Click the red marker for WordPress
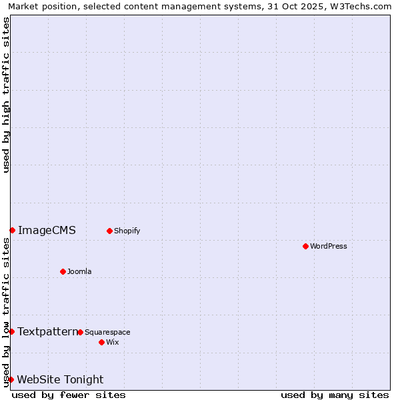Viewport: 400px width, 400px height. tap(305, 246)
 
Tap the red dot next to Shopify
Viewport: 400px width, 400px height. tap(109, 231)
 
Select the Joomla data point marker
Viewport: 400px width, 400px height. tap(63, 271)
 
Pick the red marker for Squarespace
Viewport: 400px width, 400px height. tap(80, 332)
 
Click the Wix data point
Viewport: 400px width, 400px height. tap(101, 342)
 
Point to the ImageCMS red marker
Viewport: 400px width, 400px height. tap(12, 230)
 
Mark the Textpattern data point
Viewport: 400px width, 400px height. tap(11, 331)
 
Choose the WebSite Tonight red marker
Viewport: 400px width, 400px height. tap(11, 379)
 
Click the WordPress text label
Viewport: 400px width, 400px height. tap(329, 246)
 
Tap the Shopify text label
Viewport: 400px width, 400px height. tap(127, 231)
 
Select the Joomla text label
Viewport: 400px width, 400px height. tap(79, 271)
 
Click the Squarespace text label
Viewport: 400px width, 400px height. tap(107, 332)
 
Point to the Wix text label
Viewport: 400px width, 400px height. tap(113, 342)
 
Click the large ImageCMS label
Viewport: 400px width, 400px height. tap(47, 231)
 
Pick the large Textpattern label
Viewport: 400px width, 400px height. tap(47, 331)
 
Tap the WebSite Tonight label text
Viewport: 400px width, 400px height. tap(60, 380)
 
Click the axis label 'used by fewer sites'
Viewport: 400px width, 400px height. tap(69, 395)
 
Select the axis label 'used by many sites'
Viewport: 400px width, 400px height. tap(335, 395)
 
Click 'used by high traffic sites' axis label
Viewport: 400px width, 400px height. tap(6, 95)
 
